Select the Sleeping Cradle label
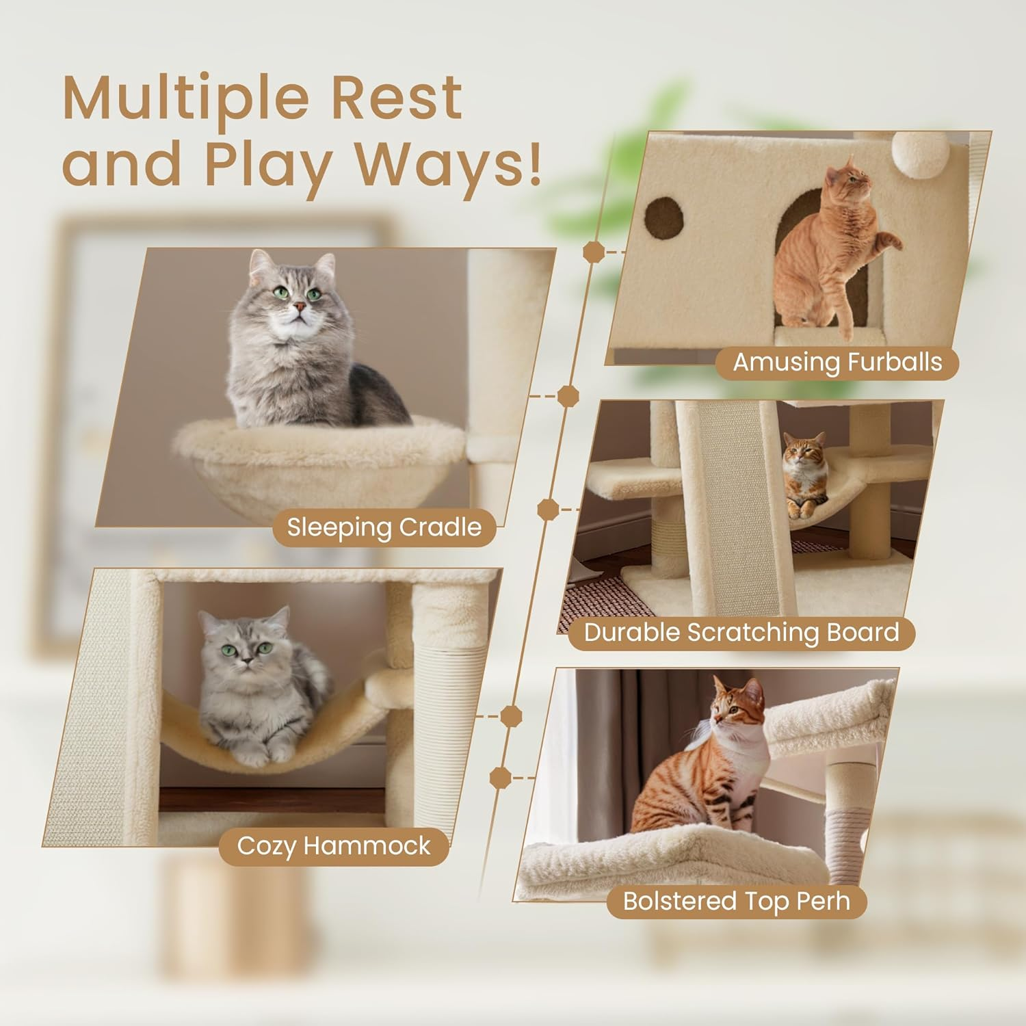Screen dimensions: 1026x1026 point(384,527)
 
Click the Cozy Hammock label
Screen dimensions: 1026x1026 point(334,846)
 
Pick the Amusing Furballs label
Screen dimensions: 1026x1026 point(837,362)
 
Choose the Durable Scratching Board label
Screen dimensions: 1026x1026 point(741,632)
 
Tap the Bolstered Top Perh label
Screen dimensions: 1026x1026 point(736,901)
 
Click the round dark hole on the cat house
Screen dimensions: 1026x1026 point(664,218)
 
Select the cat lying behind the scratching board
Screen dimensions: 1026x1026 point(806,472)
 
